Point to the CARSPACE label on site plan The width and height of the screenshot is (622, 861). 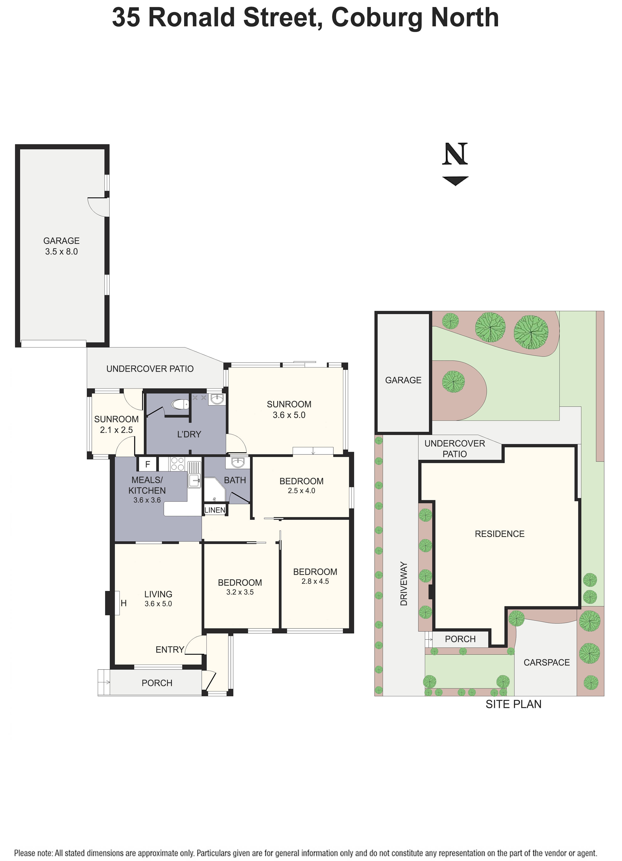(x=547, y=662)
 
